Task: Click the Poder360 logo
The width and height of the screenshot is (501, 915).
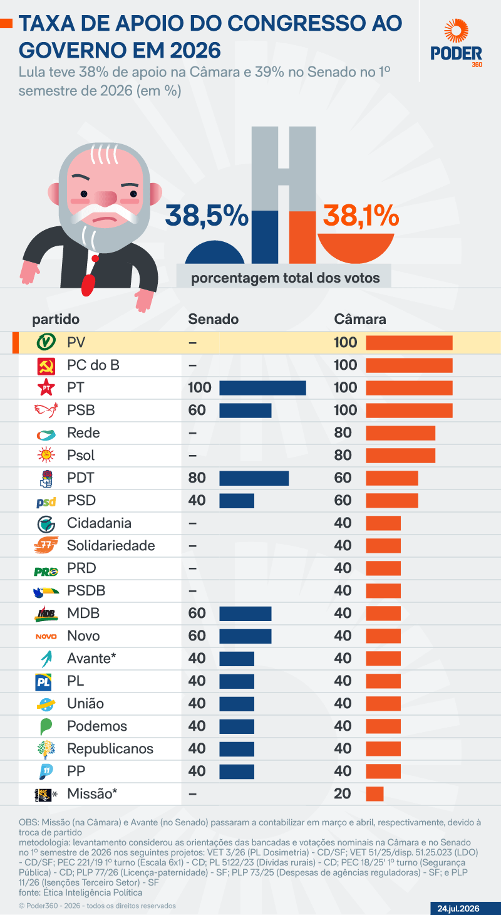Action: (456, 43)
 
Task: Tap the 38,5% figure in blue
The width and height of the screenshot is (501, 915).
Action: (207, 215)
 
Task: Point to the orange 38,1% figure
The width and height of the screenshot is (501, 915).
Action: (361, 215)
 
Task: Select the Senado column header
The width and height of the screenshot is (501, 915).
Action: (213, 319)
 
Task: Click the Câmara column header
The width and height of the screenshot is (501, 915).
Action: (359, 319)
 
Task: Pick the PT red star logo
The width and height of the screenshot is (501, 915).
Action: (46, 387)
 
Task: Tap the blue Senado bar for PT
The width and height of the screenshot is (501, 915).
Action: (262, 388)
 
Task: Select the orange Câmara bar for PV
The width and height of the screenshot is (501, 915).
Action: (409, 343)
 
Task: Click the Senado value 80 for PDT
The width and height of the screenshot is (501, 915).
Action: (197, 478)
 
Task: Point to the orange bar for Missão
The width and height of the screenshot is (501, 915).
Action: (374, 793)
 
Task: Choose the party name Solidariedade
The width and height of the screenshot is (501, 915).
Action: (111, 545)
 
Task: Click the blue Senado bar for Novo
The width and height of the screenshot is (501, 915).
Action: (245, 636)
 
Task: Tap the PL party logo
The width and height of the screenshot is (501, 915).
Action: (43, 681)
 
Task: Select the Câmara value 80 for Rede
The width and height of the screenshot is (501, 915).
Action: (343, 432)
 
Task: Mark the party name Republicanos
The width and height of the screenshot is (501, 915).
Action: (110, 748)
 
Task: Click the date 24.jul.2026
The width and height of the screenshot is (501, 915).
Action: (458, 908)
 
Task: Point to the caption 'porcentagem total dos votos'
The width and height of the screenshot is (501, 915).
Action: (286, 278)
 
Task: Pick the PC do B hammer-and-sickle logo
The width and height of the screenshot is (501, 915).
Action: (46, 366)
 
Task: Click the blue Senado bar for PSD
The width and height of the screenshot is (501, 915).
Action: (237, 500)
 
